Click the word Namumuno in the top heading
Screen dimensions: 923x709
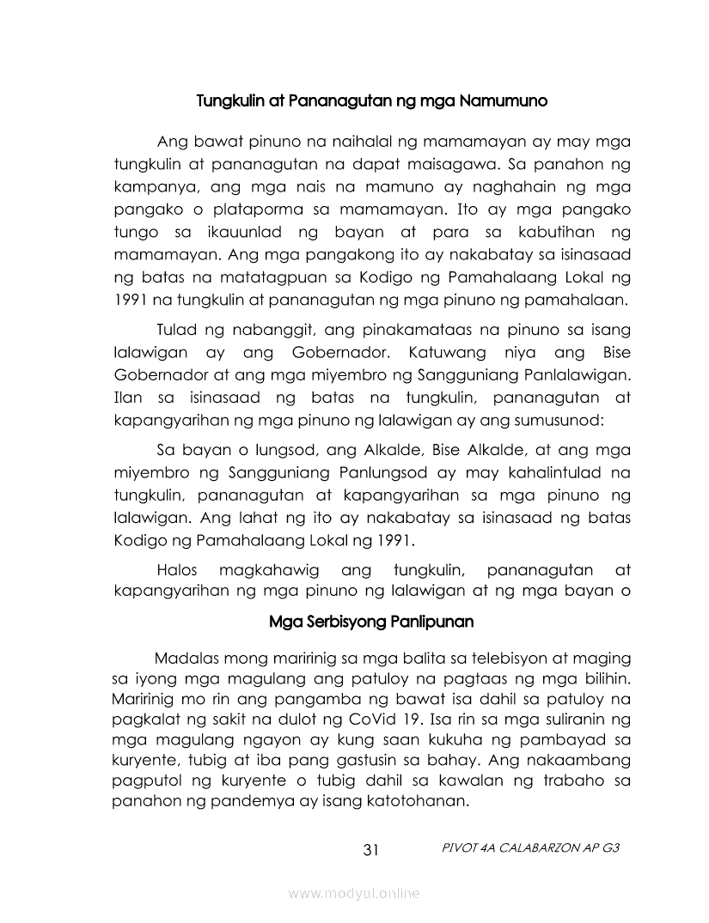click(504, 100)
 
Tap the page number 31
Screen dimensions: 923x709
click(371, 850)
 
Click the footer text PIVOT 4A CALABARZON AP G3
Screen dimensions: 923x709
click(529, 847)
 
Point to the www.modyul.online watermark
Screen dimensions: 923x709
click(354, 894)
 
